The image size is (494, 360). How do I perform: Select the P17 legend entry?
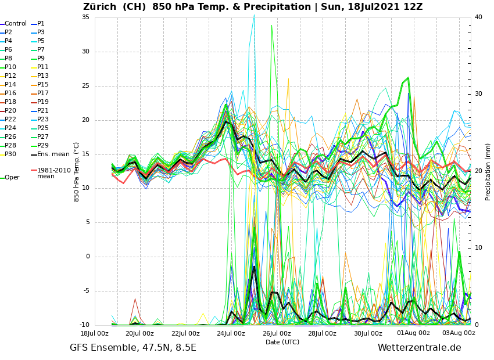coord(43,93)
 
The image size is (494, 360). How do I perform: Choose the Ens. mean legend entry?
coord(53,154)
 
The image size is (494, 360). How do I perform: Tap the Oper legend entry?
coord(12,178)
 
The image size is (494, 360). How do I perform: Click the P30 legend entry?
coord(10,154)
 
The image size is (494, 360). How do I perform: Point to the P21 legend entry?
coord(43,111)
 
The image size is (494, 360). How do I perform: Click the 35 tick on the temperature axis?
coord(85,17)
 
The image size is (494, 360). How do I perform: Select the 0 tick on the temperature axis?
coord(88,257)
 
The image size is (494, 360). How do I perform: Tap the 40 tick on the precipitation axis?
coord(478,17)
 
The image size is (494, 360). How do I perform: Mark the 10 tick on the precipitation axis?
coord(478,248)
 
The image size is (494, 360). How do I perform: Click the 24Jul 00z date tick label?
coord(231,333)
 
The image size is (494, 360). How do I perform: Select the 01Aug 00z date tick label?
coord(413,333)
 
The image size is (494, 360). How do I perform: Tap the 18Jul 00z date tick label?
coord(94,333)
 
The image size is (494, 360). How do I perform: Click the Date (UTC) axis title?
coord(282,343)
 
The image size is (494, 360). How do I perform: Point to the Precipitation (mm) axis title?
coord(488,172)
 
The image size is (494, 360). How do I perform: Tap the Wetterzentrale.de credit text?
coord(419,348)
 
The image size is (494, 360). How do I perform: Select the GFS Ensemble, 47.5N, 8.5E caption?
coord(133,348)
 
